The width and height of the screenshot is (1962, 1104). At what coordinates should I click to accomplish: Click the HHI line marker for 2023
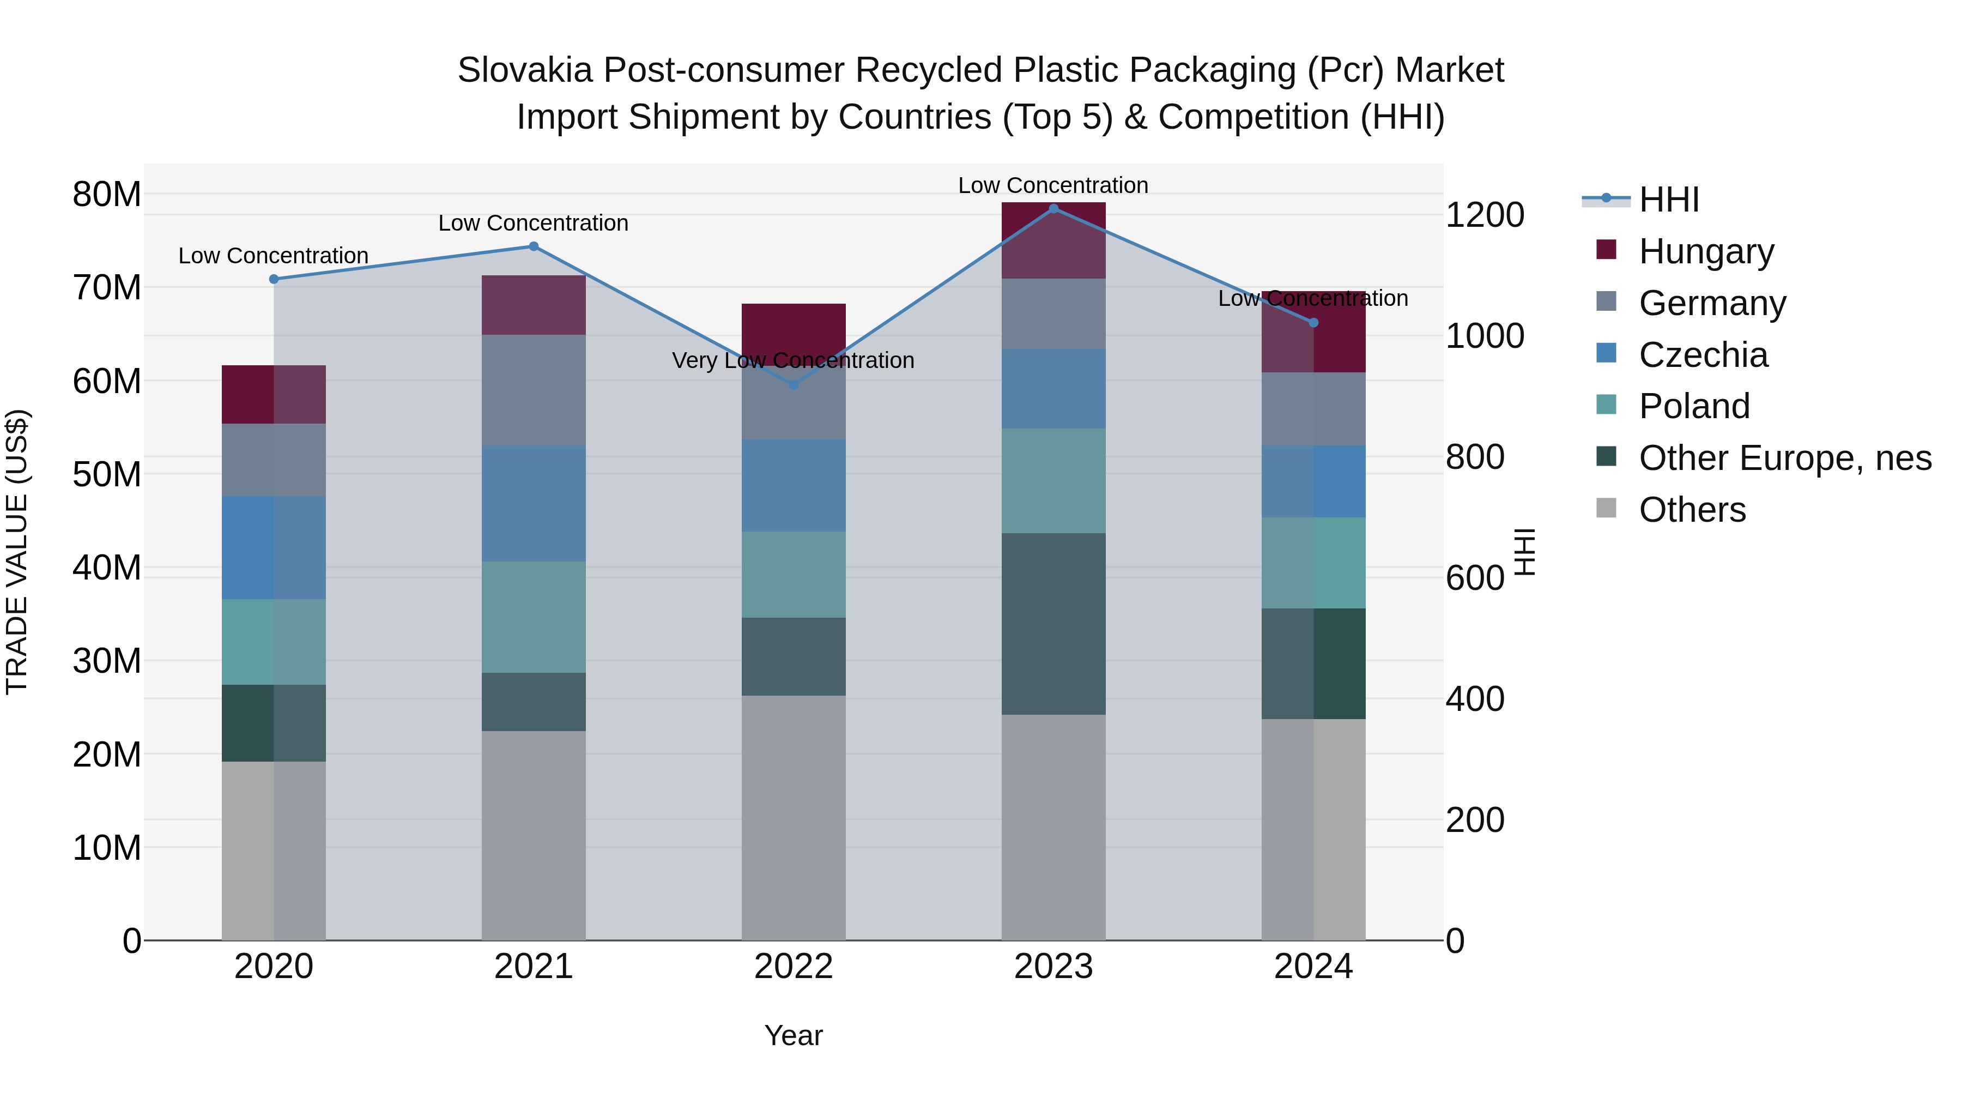(x=1053, y=209)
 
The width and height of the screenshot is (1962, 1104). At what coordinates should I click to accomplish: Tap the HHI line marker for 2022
(x=793, y=385)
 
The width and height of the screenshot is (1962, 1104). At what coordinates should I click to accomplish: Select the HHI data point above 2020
(x=274, y=279)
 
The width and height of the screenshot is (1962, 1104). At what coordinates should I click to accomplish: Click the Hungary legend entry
(x=1705, y=251)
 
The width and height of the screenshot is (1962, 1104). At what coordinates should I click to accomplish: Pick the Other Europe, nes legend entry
(x=1784, y=459)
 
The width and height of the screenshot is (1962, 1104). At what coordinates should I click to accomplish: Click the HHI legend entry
(x=1668, y=200)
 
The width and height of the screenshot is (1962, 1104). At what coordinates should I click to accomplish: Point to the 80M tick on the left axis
(x=107, y=194)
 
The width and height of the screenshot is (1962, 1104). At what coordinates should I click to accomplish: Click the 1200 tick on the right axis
(x=1485, y=215)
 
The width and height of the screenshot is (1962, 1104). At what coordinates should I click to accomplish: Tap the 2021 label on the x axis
(x=533, y=967)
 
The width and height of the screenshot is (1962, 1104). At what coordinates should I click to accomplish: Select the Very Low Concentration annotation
(x=793, y=360)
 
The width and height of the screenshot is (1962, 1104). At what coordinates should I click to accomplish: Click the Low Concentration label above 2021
(x=533, y=223)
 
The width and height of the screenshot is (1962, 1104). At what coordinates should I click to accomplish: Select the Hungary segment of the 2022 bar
(x=793, y=329)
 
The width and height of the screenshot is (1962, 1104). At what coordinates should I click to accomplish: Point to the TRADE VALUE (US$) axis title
(x=17, y=552)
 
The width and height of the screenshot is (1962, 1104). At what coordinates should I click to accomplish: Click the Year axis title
(x=793, y=1035)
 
